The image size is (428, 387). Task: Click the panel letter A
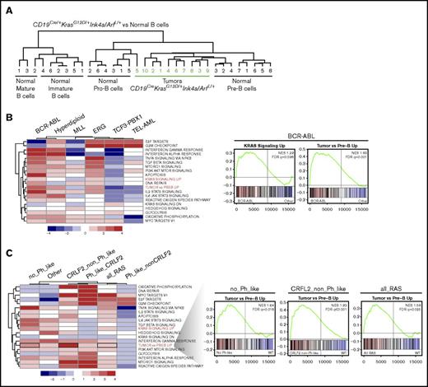[7, 7]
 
